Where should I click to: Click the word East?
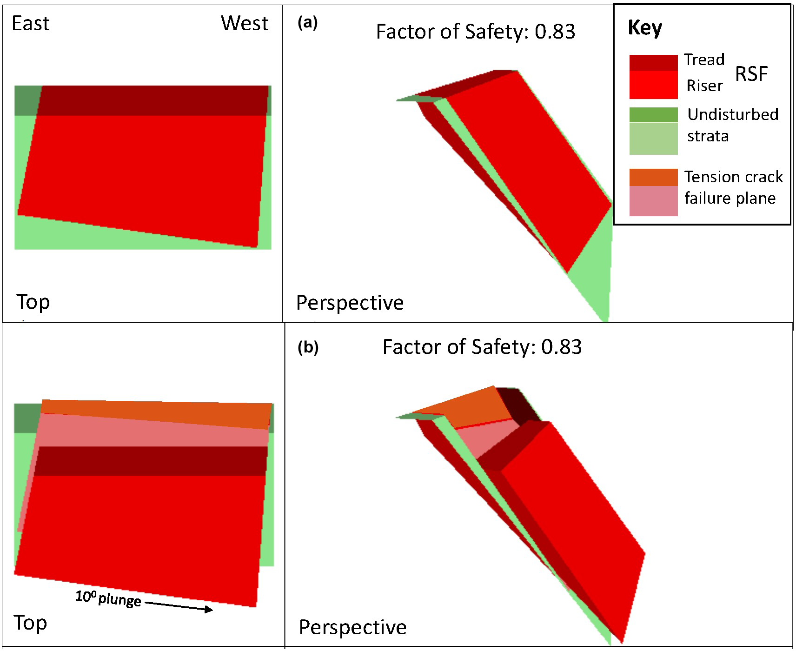point(31,24)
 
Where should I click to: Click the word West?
point(245,23)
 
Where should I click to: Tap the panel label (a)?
point(307,23)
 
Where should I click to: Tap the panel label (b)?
point(308,347)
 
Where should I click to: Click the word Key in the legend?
point(645,28)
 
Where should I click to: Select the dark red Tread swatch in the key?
point(653,62)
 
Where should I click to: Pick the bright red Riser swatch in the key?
point(653,85)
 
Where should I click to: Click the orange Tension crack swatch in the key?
point(653,177)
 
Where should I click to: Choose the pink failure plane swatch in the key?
point(653,201)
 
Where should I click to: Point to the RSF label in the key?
point(751,74)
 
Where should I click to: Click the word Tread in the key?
point(704,60)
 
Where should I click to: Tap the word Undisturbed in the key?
point(733,114)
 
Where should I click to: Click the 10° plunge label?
point(108,598)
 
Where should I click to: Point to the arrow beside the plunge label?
point(179,606)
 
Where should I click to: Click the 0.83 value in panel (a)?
point(555,32)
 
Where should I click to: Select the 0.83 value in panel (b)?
point(561,347)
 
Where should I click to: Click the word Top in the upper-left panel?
point(33,302)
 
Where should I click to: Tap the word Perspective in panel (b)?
point(352,627)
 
